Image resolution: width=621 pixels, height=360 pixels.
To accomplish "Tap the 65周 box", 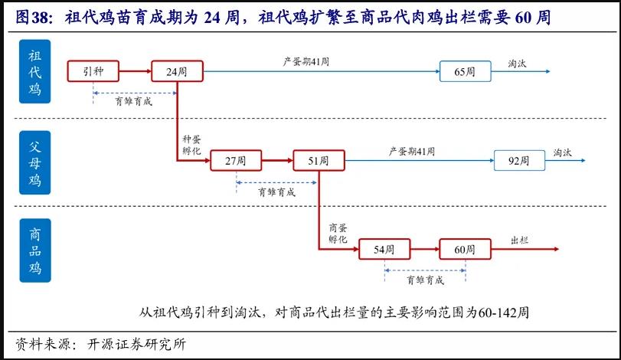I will [465, 71].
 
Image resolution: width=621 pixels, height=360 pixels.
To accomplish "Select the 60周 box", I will [465, 250].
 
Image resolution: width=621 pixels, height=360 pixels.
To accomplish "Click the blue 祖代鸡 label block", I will [35, 74].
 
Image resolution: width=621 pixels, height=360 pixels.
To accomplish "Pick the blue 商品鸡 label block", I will [35, 250].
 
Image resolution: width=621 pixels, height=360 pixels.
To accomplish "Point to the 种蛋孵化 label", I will [191, 146].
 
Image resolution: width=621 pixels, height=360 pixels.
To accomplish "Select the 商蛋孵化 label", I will [338, 234].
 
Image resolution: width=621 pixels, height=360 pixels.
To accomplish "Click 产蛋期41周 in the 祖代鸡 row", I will [305, 61].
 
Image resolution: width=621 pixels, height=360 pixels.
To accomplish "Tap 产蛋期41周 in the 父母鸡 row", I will [412, 151].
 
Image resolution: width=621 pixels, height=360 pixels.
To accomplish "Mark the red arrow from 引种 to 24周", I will [135, 72].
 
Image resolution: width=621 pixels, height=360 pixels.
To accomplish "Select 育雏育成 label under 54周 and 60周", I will [426, 280].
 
